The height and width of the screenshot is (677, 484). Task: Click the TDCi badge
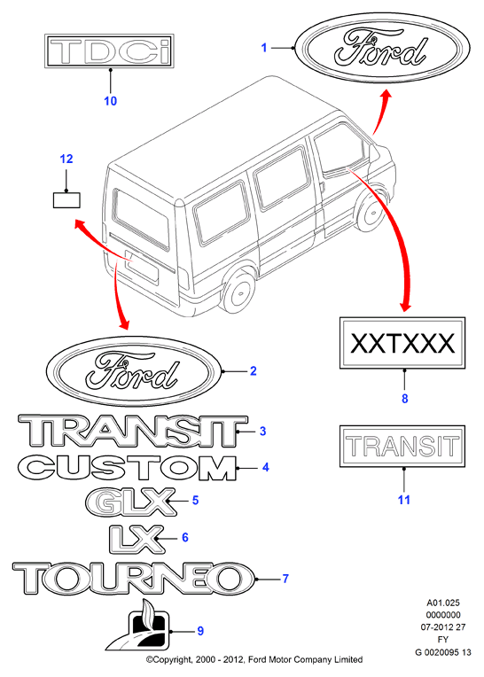pos(109,51)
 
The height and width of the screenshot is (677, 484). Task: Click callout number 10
pos(111,101)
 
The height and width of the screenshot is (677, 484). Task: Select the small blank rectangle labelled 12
pos(66,200)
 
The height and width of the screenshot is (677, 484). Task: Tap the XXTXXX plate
pos(402,343)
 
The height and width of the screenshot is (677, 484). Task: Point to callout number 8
pos(404,399)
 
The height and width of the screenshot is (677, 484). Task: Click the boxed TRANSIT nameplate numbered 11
pos(402,446)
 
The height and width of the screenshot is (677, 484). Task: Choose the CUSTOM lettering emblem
pos(128,468)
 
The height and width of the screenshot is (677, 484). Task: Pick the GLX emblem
pos(131,502)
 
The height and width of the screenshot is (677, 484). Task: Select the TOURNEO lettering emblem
pos(134,579)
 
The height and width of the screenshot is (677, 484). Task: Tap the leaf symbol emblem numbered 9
pos(138,626)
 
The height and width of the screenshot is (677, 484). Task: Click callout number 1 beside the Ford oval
pos(264,48)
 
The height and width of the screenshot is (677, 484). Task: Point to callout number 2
pos(254,371)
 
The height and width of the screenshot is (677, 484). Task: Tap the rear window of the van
pos(142,219)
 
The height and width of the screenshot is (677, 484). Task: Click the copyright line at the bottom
pos(254,659)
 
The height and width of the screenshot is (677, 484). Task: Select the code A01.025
pos(443,603)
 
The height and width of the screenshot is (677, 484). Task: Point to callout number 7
pos(285,579)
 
